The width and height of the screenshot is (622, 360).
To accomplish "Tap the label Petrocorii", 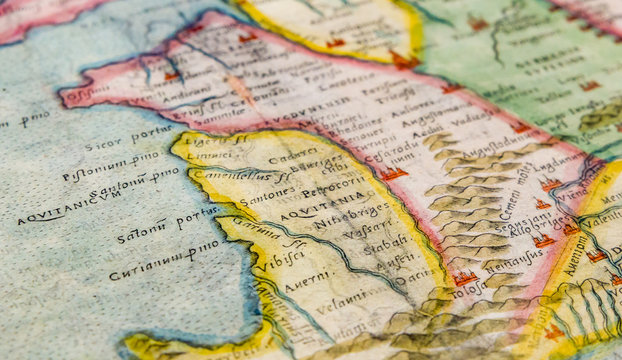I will (x=329, y=188).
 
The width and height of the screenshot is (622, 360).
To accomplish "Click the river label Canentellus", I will (x=231, y=174).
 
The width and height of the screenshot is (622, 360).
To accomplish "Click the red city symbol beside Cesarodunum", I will (x=394, y=173).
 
